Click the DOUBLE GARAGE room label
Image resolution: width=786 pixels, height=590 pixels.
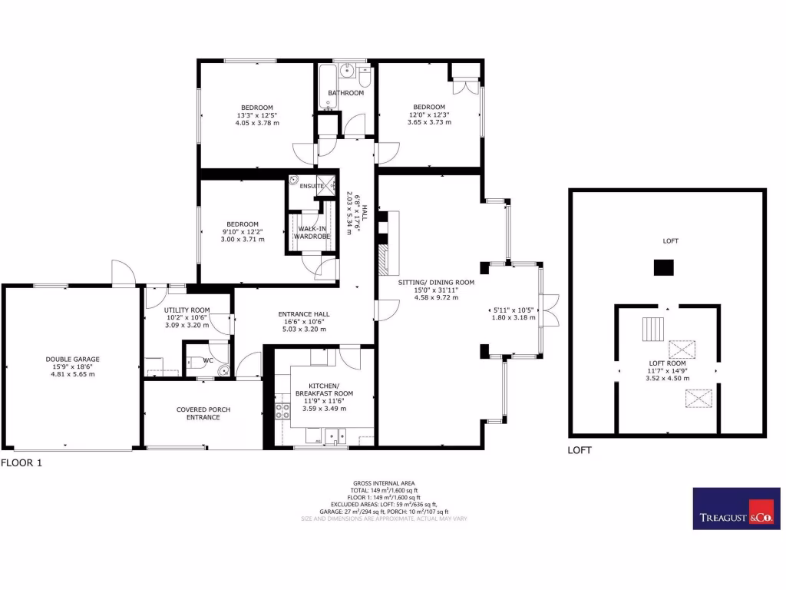pyautogui.click(x=72, y=359)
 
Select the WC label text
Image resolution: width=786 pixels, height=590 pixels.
pyautogui.click(x=208, y=360)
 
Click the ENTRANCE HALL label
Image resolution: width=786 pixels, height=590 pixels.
pyautogui.click(x=305, y=313)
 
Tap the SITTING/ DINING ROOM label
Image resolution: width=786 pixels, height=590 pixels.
pyautogui.click(x=436, y=282)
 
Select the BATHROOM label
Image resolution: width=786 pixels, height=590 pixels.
pyautogui.click(x=345, y=93)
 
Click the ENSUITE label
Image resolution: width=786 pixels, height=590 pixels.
pyautogui.click(x=312, y=186)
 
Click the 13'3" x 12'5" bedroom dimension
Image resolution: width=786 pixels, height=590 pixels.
pyautogui.click(x=256, y=115)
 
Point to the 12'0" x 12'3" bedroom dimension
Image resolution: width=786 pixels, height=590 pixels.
pyautogui.click(x=428, y=114)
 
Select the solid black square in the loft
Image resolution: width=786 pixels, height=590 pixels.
pyautogui.click(x=663, y=267)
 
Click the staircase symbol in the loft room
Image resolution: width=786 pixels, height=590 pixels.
pyautogui.click(x=652, y=328)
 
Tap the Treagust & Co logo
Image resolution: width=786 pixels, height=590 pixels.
pyautogui.click(x=736, y=508)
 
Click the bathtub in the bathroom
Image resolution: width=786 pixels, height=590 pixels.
pyautogui.click(x=328, y=88)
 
